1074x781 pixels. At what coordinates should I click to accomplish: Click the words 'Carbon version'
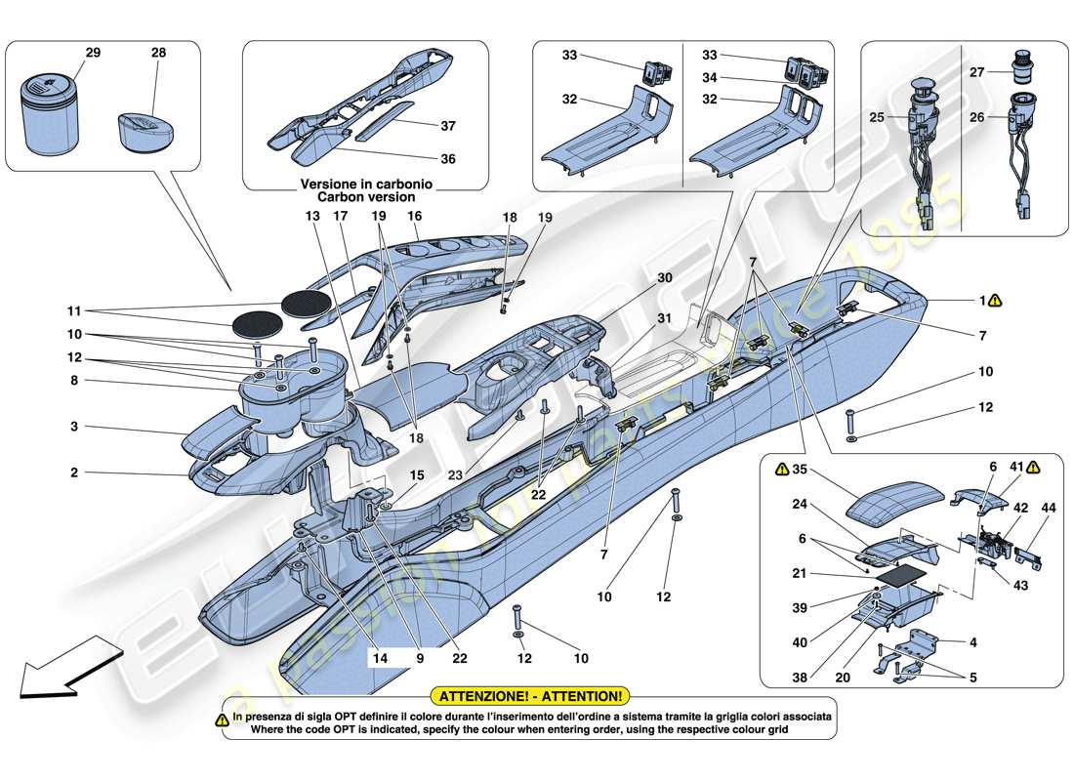[x=366, y=197]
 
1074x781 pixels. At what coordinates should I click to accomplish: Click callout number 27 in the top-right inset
[x=1005, y=70]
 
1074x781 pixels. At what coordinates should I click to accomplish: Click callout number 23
[x=454, y=475]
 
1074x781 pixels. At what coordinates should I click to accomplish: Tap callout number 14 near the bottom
[x=380, y=659]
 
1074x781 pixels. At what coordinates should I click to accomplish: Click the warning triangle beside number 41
[x=1032, y=468]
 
